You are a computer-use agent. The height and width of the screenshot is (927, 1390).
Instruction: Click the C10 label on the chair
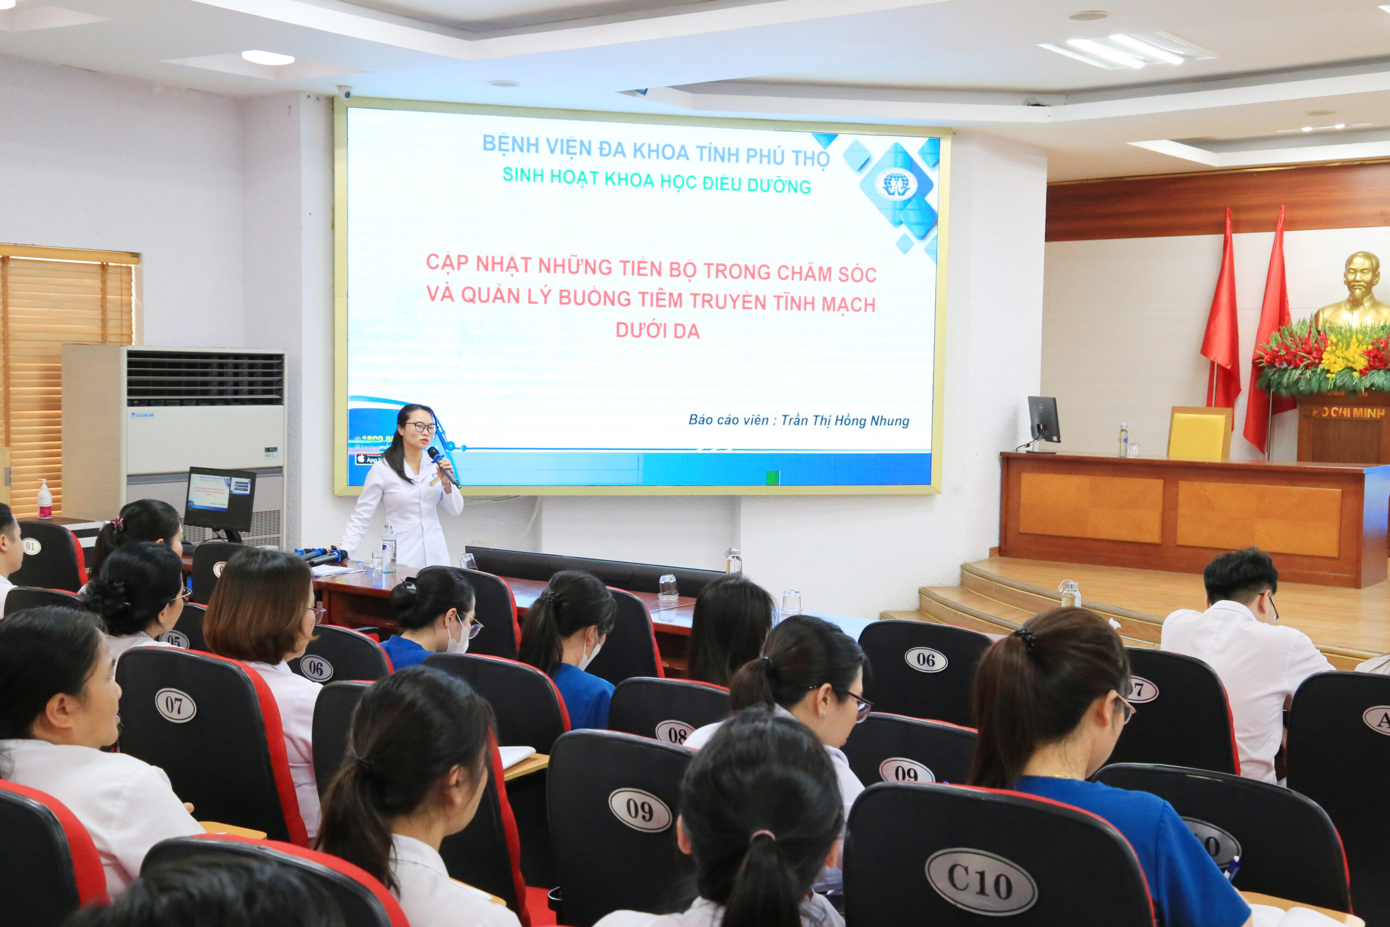[x=981, y=881]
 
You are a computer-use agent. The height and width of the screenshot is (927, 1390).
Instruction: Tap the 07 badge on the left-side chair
[x=175, y=705]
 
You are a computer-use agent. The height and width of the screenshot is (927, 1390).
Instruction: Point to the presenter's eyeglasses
[x=421, y=426]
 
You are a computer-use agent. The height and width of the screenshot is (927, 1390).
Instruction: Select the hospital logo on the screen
[x=895, y=185]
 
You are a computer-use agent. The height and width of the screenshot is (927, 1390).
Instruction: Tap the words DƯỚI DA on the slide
[x=657, y=331]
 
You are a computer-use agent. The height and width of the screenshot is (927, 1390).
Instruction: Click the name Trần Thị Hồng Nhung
[x=844, y=420]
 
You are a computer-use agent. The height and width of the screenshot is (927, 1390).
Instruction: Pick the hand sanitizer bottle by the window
[x=45, y=500]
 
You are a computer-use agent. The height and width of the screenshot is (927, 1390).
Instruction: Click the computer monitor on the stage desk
[x=1044, y=420]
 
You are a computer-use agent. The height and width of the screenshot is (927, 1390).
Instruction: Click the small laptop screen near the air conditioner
[x=219, y=498]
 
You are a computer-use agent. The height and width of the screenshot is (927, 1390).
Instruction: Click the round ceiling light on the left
[x=268, y=58]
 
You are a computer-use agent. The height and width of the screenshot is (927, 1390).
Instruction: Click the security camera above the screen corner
[x=344, y=92]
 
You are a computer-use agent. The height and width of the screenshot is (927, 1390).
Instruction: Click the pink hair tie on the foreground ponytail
[x=762, y=835]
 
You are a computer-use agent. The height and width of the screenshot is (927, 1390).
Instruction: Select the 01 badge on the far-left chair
[x=31, y=546]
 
